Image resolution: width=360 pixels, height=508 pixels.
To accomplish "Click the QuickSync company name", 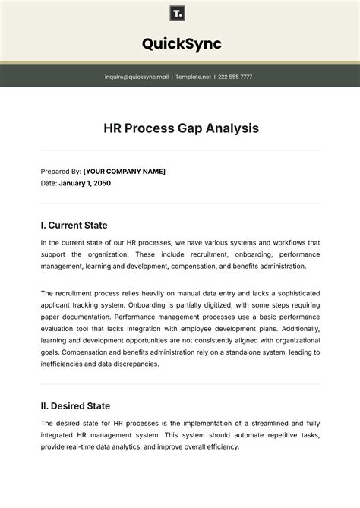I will tap(182, 44).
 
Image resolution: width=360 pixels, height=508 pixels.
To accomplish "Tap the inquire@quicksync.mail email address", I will tap(137, 77).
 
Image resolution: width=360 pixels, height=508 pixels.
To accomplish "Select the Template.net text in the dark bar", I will tap(193, 77).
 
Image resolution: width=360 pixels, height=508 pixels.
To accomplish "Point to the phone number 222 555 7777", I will tap(235, 77).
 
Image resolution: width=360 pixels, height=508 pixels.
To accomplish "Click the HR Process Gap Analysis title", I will tap(181, 128).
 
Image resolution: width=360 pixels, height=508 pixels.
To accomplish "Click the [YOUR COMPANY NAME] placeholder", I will tap(124, 172).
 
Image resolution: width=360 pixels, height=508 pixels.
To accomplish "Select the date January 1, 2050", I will tap(85, 183).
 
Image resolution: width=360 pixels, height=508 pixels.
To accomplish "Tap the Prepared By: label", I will tap(60, 172).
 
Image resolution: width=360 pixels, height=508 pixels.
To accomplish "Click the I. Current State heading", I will tap(74, 225).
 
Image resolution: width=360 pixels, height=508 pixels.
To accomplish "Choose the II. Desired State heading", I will tap(75, 406).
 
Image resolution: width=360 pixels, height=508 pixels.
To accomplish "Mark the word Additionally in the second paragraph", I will tap(295, 328).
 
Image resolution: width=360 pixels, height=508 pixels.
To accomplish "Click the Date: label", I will tap(49, 183).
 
